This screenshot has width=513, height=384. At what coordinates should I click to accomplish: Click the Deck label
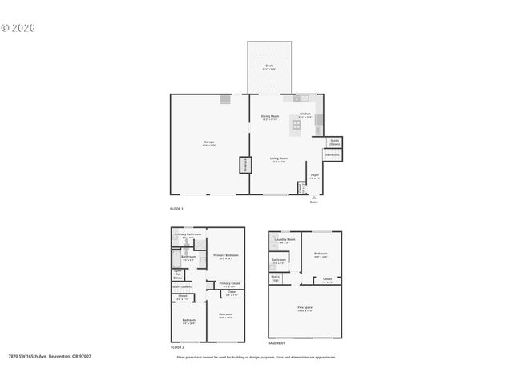click(x=269, y=67)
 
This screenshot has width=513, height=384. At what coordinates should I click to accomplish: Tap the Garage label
click(x=208, y=143)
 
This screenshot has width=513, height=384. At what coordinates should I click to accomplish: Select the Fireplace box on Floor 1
click(x=243, y=166)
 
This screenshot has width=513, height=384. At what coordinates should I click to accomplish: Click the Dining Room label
click(x=269, y=117)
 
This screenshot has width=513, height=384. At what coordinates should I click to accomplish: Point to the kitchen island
click(x=296, y=126)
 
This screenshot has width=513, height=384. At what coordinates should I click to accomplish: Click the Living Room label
click(x=278, y=159)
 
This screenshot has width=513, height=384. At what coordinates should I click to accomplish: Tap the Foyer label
click(x=315, y=175)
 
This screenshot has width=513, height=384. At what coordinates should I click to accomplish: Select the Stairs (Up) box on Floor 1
click(x=332, y=154)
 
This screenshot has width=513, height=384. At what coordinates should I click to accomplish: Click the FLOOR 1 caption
click(x=177, y=209)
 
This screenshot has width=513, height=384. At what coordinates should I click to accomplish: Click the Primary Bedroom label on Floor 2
click(x=227, y=256)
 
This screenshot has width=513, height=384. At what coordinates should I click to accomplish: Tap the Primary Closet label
click(x=229, y=284)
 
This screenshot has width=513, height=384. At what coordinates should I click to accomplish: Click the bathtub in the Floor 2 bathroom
click(x=175, y=258)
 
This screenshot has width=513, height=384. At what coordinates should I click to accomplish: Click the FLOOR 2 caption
click(x=177, y=348)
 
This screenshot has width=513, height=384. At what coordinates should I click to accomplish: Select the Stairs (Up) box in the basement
click(x=276, y=279)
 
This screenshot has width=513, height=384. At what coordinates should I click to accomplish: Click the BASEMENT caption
click(x=277, y=343)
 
